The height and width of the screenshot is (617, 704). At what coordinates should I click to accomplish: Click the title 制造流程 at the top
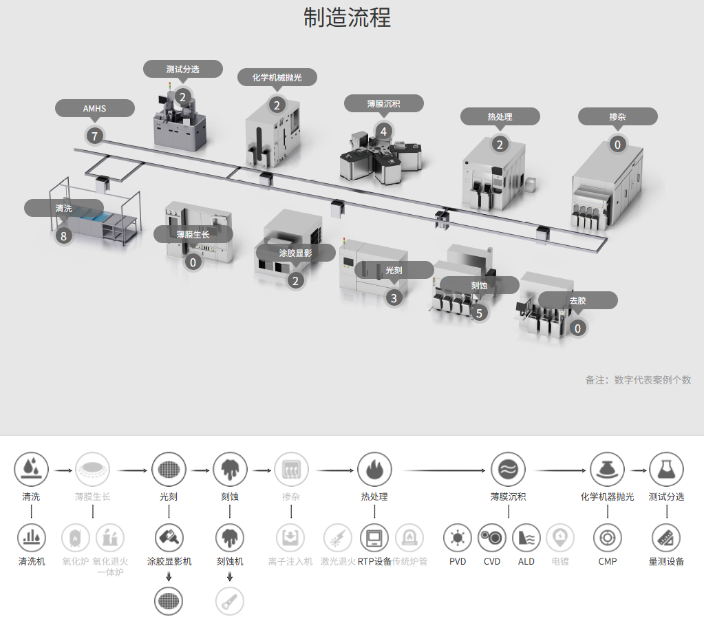click(x=347, y=17)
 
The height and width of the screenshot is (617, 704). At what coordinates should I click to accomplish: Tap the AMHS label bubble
click(x=94, y=109)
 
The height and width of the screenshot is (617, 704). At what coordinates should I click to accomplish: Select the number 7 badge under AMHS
click(x=94, y=136)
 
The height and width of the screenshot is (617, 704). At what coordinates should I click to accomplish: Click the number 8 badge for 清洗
click(x=64, y=236)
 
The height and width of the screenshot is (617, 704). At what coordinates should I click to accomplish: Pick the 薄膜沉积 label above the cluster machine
click(x=383, y=104)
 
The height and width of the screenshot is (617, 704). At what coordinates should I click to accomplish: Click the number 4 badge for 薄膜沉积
click(x=383, y=130)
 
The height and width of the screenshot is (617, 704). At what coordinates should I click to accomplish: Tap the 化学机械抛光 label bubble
click(x=278, y=78)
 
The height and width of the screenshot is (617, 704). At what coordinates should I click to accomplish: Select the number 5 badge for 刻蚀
click(x=480, y=313)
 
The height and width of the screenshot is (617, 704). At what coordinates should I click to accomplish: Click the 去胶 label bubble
click(x=577, y=300)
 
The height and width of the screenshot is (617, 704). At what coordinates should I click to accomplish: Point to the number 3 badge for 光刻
click(x=394, y=297)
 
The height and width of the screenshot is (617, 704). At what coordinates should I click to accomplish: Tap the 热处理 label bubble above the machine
click(x=500, y=116)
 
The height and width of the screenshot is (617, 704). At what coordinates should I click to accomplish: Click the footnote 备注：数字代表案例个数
click(x=638, y=380)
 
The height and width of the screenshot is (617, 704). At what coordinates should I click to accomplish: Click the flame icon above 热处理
click(x=374, y=470)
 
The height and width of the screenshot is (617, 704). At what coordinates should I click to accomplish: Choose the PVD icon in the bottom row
click(x=458, y=537)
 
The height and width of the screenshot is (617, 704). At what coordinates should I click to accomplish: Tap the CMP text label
click(x=607, y=561)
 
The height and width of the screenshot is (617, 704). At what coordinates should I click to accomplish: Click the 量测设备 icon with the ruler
click(x=666, y=537)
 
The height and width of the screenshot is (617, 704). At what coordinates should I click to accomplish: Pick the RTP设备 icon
click(x=374, y=537)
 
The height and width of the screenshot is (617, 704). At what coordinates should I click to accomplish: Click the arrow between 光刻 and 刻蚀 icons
click(x=200, y=470)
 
